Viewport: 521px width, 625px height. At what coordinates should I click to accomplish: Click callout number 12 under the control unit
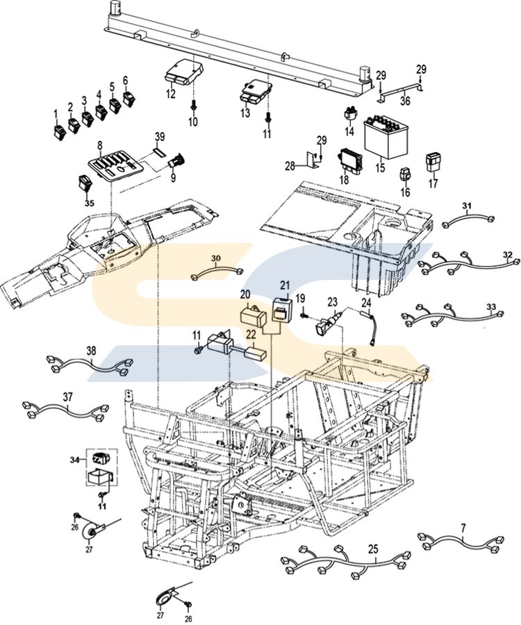(x=171, y=94)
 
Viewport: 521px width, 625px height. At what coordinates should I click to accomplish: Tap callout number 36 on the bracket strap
(x=405, y=100)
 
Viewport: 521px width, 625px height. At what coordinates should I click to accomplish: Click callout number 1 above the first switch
(x=56, y=113)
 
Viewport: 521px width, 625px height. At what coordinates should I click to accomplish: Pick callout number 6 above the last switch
(x=126, y=80)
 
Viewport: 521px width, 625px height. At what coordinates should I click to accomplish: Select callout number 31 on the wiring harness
(x=467, y=206)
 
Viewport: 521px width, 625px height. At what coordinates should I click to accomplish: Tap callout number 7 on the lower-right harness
(x=463, y=528)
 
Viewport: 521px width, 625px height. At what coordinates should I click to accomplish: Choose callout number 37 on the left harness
(x=67, y=397)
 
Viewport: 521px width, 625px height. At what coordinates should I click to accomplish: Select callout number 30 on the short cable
(x=215, y=259)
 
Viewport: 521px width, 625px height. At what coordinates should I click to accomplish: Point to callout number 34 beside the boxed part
(x=74, y=459)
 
